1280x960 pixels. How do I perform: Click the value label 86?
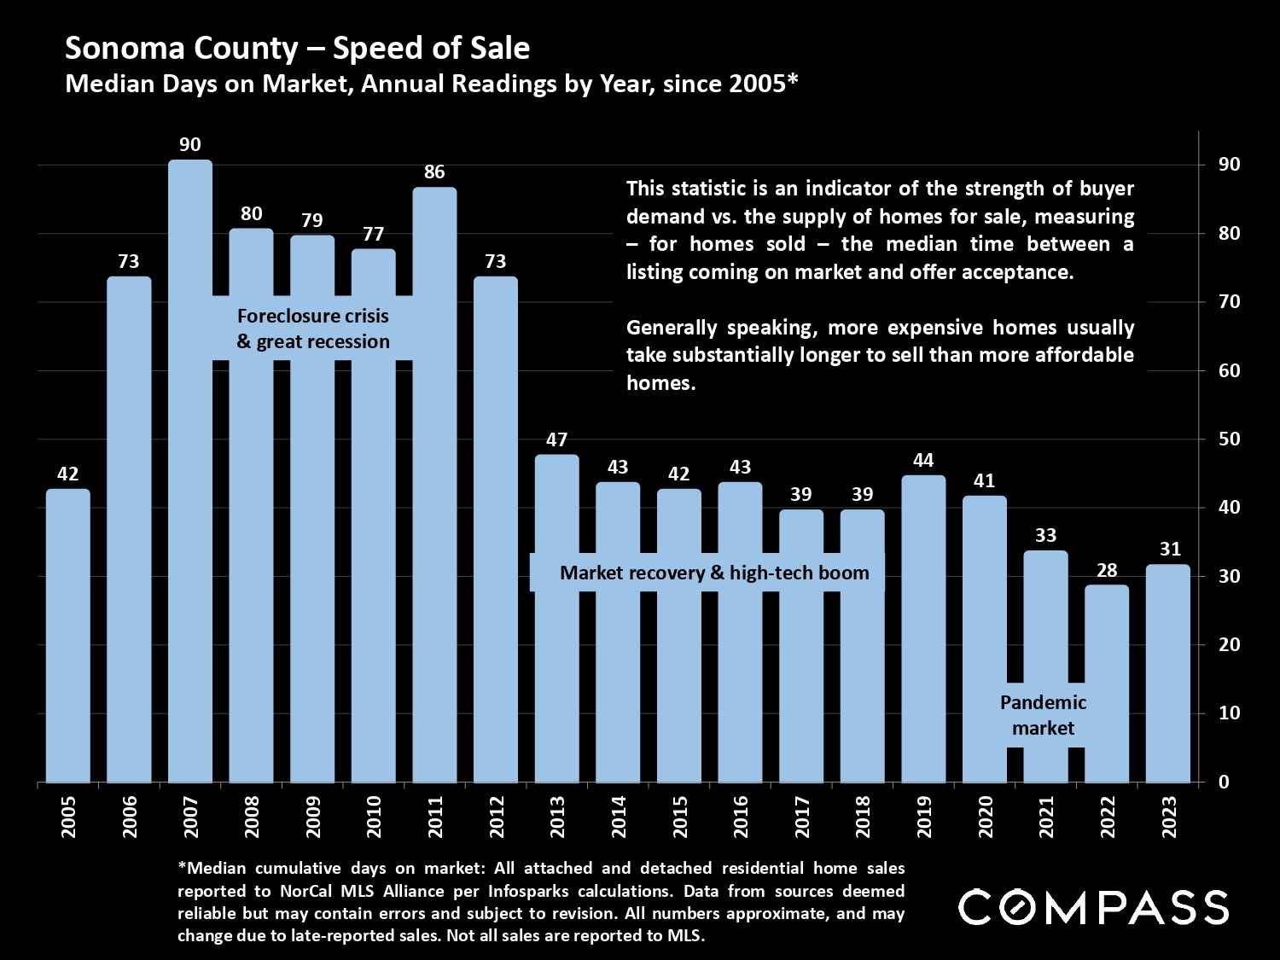pos(434,172)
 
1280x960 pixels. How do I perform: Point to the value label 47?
pos(556,440)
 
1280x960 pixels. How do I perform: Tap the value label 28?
pos(1107,570)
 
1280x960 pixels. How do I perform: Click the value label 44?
pos(923,461)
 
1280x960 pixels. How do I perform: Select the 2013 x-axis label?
pos(557,817)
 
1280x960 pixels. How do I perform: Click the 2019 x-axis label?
pos(924,817)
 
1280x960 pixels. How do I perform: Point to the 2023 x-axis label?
pos(1168,817)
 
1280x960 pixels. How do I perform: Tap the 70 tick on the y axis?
pos(1230,302)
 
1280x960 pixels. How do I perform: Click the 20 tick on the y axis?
pos(1230,645)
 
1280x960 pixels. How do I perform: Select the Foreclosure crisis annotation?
pos(313,329)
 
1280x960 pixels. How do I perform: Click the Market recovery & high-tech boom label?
pos(714,573)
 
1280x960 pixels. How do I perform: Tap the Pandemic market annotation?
pos(1043,715)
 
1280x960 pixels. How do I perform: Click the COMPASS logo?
pos(1093,907)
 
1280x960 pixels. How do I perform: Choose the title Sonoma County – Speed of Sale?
pos(297,48)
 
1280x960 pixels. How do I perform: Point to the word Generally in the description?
pos(671,328)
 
